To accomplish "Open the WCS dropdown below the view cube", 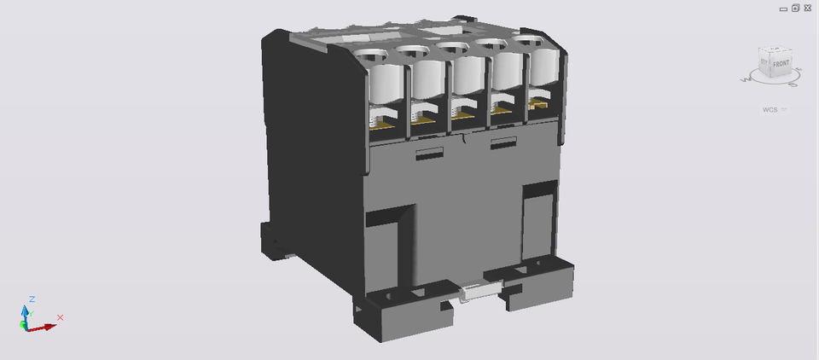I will tap(783, 109).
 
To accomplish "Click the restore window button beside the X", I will tap(795, 8).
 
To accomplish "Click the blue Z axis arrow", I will tap(25, 312).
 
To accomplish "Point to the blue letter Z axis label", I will tap(32, 299).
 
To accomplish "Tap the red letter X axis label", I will tap(60, 317).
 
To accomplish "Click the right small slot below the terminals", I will tap(503, 141).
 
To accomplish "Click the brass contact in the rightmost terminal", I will tap(537, 104).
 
